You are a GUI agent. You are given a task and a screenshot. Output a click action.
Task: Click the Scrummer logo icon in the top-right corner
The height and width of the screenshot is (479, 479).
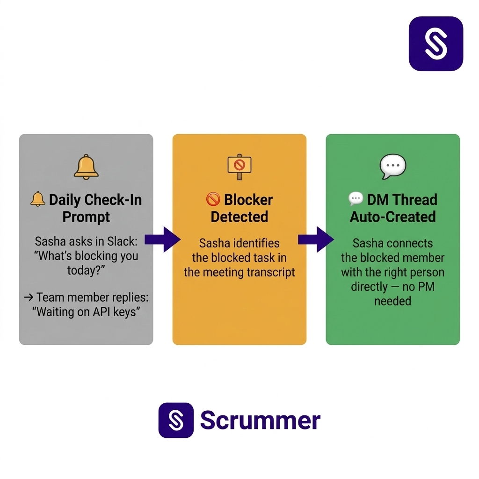point(435,44)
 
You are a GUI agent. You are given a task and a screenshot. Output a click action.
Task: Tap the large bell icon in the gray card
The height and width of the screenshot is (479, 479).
point(86,167)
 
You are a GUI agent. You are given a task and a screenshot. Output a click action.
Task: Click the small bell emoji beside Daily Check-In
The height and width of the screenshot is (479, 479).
point(38,199)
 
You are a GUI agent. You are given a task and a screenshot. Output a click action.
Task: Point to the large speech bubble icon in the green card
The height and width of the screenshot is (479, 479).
point(392,166)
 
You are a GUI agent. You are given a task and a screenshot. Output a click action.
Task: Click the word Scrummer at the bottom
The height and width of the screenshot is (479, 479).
point(260,421)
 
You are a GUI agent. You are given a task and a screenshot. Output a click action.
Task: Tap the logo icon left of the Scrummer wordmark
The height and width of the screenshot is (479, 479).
point(176,420)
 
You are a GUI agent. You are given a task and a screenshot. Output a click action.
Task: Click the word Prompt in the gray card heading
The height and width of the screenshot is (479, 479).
point(86,217)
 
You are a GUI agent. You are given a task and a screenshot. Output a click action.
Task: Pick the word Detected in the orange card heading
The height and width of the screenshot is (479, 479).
point(239,217)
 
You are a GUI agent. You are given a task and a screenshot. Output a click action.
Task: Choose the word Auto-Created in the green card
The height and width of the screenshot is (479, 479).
point(392,217)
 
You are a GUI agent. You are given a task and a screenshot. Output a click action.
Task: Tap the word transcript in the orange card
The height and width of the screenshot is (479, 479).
point(271,272)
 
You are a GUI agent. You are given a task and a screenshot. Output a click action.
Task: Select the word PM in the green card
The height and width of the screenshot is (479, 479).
point(426,286)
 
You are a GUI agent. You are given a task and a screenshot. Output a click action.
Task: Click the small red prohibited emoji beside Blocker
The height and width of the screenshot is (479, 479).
point(213,200)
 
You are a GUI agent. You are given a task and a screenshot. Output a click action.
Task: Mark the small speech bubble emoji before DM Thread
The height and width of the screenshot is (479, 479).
point(356,199)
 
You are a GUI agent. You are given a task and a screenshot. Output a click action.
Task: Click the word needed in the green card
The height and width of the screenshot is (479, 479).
point(392,301)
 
